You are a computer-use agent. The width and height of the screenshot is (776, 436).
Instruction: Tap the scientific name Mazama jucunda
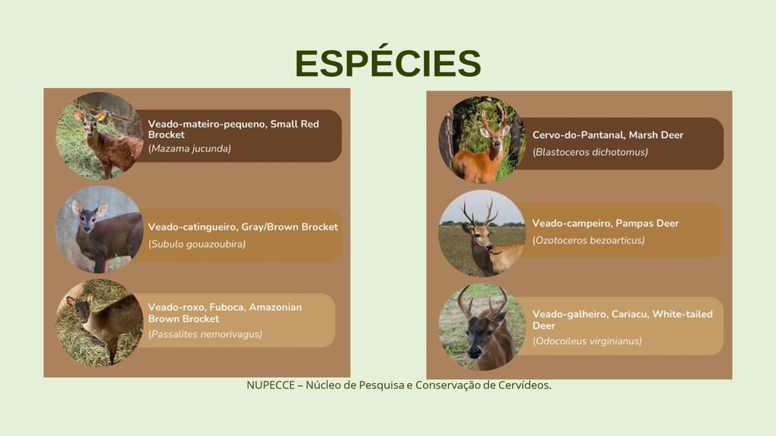tap(189, 148)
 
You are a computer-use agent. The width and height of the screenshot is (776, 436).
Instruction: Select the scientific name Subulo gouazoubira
tap(197, 244)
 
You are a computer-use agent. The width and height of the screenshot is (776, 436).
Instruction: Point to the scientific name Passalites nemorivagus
tap(205, 334)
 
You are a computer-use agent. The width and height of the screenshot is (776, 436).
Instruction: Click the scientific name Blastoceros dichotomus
tap(590, 152)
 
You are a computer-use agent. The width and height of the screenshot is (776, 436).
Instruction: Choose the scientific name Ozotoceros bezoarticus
tap(589, 240)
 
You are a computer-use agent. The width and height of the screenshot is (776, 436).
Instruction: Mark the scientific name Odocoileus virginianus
tap(587, 341)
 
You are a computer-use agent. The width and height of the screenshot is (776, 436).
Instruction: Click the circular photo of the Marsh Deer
tap(482, 139)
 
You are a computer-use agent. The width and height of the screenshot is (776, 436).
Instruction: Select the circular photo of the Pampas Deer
tap(482, 233)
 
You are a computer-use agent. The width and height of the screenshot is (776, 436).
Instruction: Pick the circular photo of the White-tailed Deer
tap(482, 327)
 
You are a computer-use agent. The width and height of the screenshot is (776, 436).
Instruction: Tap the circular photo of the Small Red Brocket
tap(99, 135)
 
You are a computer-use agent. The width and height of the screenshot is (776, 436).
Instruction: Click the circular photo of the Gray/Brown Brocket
tap(99, 229)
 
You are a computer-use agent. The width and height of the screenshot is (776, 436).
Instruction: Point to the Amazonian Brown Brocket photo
tap(99, 322)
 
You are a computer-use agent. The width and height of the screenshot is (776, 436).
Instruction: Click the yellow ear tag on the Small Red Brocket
tap(102, 118)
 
